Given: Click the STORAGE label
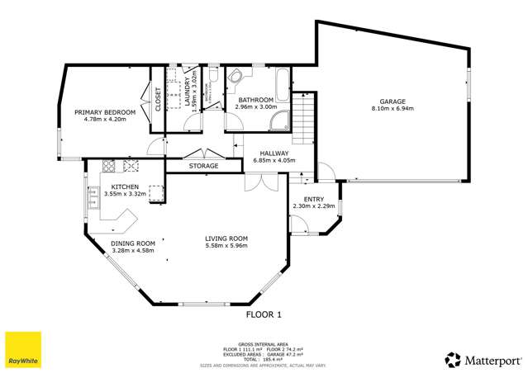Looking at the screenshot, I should [204, 166].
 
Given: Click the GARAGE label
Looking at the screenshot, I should [392, 101].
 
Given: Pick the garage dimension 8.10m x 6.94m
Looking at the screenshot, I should [392, 108].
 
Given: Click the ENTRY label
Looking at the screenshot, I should [314, 199].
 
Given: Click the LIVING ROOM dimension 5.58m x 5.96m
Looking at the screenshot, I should [226, 246].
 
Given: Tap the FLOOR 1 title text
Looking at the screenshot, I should [264, 314].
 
